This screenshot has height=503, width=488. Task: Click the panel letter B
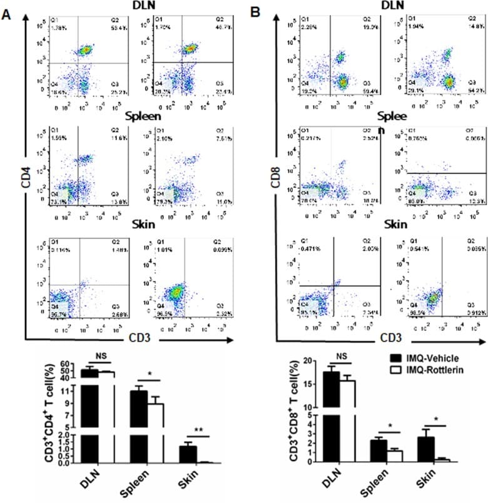255,11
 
